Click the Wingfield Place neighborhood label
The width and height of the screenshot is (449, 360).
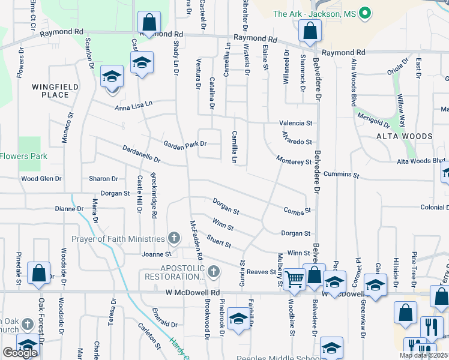tap(55, 91)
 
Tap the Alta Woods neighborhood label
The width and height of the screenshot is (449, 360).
tap(404, 136)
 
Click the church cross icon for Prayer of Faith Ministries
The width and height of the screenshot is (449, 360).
tap(174, 239)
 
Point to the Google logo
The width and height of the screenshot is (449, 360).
tap(20, 353)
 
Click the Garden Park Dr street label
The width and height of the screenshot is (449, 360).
tap(185, 144)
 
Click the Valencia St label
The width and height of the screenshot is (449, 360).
tap(295, 123)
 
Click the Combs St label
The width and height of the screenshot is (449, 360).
tap(297, 211)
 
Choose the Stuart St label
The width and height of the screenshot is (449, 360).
tap(219, 242)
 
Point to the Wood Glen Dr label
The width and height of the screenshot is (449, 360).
tap(41, 179)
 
